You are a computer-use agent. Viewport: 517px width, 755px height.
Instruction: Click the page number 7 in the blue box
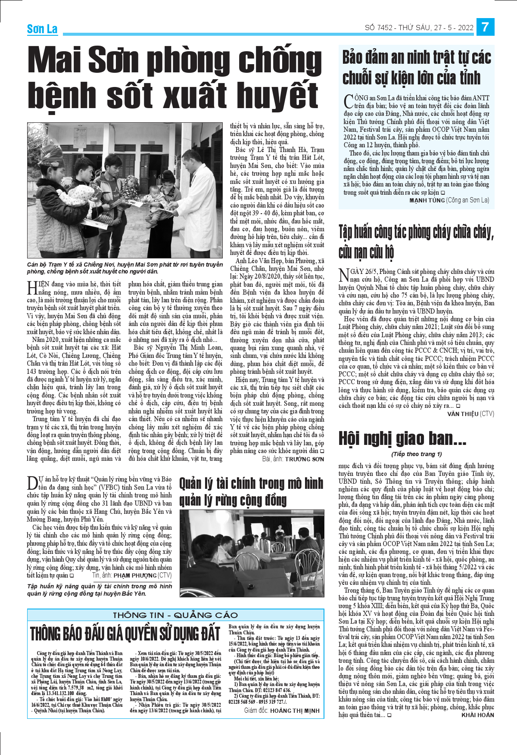tap(485, 27)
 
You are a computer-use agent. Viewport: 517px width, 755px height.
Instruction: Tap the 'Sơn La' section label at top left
tap(42, 29)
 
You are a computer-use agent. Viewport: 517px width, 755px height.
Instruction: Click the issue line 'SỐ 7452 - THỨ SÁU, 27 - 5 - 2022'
tap(419, 28)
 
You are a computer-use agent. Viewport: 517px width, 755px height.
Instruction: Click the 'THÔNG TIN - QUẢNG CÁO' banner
tap(175, 615)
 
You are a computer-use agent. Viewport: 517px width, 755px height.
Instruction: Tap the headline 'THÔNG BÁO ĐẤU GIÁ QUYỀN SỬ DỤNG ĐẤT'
tap(125, 634)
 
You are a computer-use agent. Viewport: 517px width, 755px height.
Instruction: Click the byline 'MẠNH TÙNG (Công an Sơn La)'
tap(449, 200)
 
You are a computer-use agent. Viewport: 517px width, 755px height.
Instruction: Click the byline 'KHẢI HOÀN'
tap(477, 715)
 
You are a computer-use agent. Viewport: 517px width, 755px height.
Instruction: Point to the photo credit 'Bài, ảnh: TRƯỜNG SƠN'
tap(293, 459)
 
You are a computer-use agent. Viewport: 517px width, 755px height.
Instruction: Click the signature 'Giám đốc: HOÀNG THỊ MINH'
tap(282, 711)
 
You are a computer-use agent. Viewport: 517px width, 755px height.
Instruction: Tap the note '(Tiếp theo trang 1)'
tap(416, 454)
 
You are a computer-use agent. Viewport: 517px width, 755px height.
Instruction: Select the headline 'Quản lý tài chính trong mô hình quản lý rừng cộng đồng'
tap(251, 491)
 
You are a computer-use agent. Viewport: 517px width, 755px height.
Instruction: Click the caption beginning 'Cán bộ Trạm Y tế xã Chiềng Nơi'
tap(125, 268)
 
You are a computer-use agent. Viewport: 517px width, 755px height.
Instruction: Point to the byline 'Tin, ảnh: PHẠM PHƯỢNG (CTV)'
tap(131, 575)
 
